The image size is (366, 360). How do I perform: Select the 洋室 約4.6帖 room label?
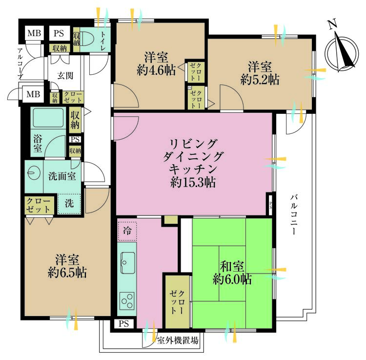(156, 64)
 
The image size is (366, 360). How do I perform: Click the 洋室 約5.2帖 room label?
(260, 72)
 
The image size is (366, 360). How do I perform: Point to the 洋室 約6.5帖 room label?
(67, 266)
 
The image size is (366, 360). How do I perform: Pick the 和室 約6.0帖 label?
(232, 273)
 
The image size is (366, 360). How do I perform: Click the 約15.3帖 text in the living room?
(193, 182)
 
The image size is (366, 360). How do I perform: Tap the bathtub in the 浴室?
(48, 117)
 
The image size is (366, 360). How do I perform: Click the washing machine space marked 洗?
(69, 204)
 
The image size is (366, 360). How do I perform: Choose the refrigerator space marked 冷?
(127, 231)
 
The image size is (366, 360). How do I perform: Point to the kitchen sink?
(128, 263)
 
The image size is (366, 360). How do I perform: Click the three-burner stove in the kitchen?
(127, 301)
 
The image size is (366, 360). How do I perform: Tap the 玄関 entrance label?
(65, 76)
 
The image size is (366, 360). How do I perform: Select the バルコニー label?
(294, 215)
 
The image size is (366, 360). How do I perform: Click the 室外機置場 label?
(178, 340)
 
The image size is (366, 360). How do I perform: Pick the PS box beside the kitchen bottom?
(124, 323)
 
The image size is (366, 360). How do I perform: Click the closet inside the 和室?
(178, 302)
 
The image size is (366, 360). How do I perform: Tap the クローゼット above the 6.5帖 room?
(39, 205)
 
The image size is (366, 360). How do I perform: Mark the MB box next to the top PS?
(34, 33)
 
